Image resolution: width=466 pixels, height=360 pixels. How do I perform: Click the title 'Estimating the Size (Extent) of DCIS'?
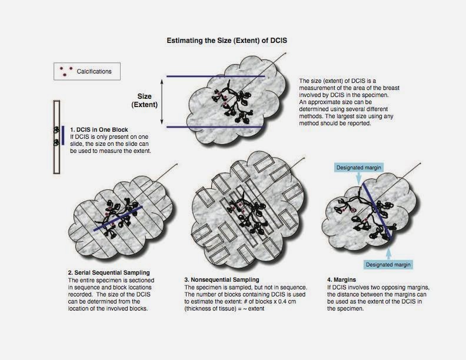227,41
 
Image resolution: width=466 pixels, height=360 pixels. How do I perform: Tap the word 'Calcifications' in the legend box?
94,71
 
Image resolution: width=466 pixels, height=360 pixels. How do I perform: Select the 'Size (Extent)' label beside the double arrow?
144,101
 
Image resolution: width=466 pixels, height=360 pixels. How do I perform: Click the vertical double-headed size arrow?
162,102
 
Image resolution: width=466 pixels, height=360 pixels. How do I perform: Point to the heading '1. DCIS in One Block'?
99,130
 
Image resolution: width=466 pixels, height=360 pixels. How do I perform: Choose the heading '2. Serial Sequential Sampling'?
109,273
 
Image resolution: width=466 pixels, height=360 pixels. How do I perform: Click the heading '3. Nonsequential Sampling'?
222,280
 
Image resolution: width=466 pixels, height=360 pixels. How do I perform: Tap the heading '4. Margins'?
341,280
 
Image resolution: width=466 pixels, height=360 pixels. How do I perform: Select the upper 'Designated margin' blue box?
358,168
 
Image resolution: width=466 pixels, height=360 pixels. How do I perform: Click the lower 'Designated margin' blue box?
388,265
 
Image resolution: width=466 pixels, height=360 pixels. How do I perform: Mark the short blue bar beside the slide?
63,135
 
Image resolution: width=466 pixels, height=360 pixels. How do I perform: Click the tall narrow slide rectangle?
56,137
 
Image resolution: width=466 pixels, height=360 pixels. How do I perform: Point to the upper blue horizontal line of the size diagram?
216,76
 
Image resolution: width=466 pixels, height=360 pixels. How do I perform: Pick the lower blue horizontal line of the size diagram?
215,127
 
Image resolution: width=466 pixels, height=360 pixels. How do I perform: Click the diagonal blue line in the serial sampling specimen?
118,218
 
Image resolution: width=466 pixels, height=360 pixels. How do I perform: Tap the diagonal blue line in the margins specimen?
377,212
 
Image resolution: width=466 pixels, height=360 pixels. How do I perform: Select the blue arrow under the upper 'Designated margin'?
359,178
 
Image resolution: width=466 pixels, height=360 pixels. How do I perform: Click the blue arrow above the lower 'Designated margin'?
388,254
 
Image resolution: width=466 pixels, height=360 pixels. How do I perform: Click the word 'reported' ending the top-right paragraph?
360,124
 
